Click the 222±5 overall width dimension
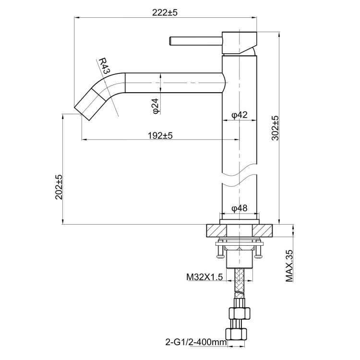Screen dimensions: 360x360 point(165,13)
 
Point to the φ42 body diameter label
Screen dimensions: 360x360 point(239,115)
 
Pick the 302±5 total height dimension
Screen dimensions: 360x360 point(275,128)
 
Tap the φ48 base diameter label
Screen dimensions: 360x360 point(239,208)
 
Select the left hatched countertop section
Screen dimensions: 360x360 point(214,230)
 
